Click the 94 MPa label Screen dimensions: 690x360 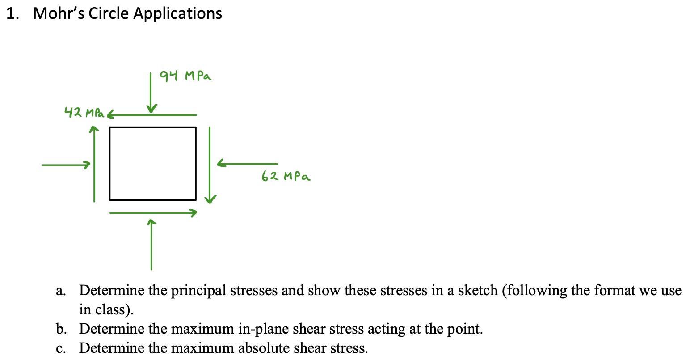click(185, 76)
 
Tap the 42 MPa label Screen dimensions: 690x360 click(84, 112)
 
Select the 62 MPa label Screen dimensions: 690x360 click(286, 176)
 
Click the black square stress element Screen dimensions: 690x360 click(153, 164)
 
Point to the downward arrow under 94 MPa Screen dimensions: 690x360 click(151, 93)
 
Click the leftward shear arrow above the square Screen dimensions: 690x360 click(151, 115)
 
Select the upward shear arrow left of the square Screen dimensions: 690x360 click(94, 164)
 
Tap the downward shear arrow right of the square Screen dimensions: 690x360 click(210, 165)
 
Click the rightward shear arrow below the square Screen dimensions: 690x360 click(153, 213)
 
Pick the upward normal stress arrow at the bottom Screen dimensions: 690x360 click(151, 245)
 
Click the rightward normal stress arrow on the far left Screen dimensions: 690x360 click(66, 165)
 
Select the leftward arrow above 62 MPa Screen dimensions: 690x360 click(247, 163)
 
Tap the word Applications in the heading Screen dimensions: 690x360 click(177, 14)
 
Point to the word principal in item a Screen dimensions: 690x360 click(198, 291)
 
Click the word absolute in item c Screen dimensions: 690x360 click(264, 348)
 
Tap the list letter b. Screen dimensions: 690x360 click(61, 329)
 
